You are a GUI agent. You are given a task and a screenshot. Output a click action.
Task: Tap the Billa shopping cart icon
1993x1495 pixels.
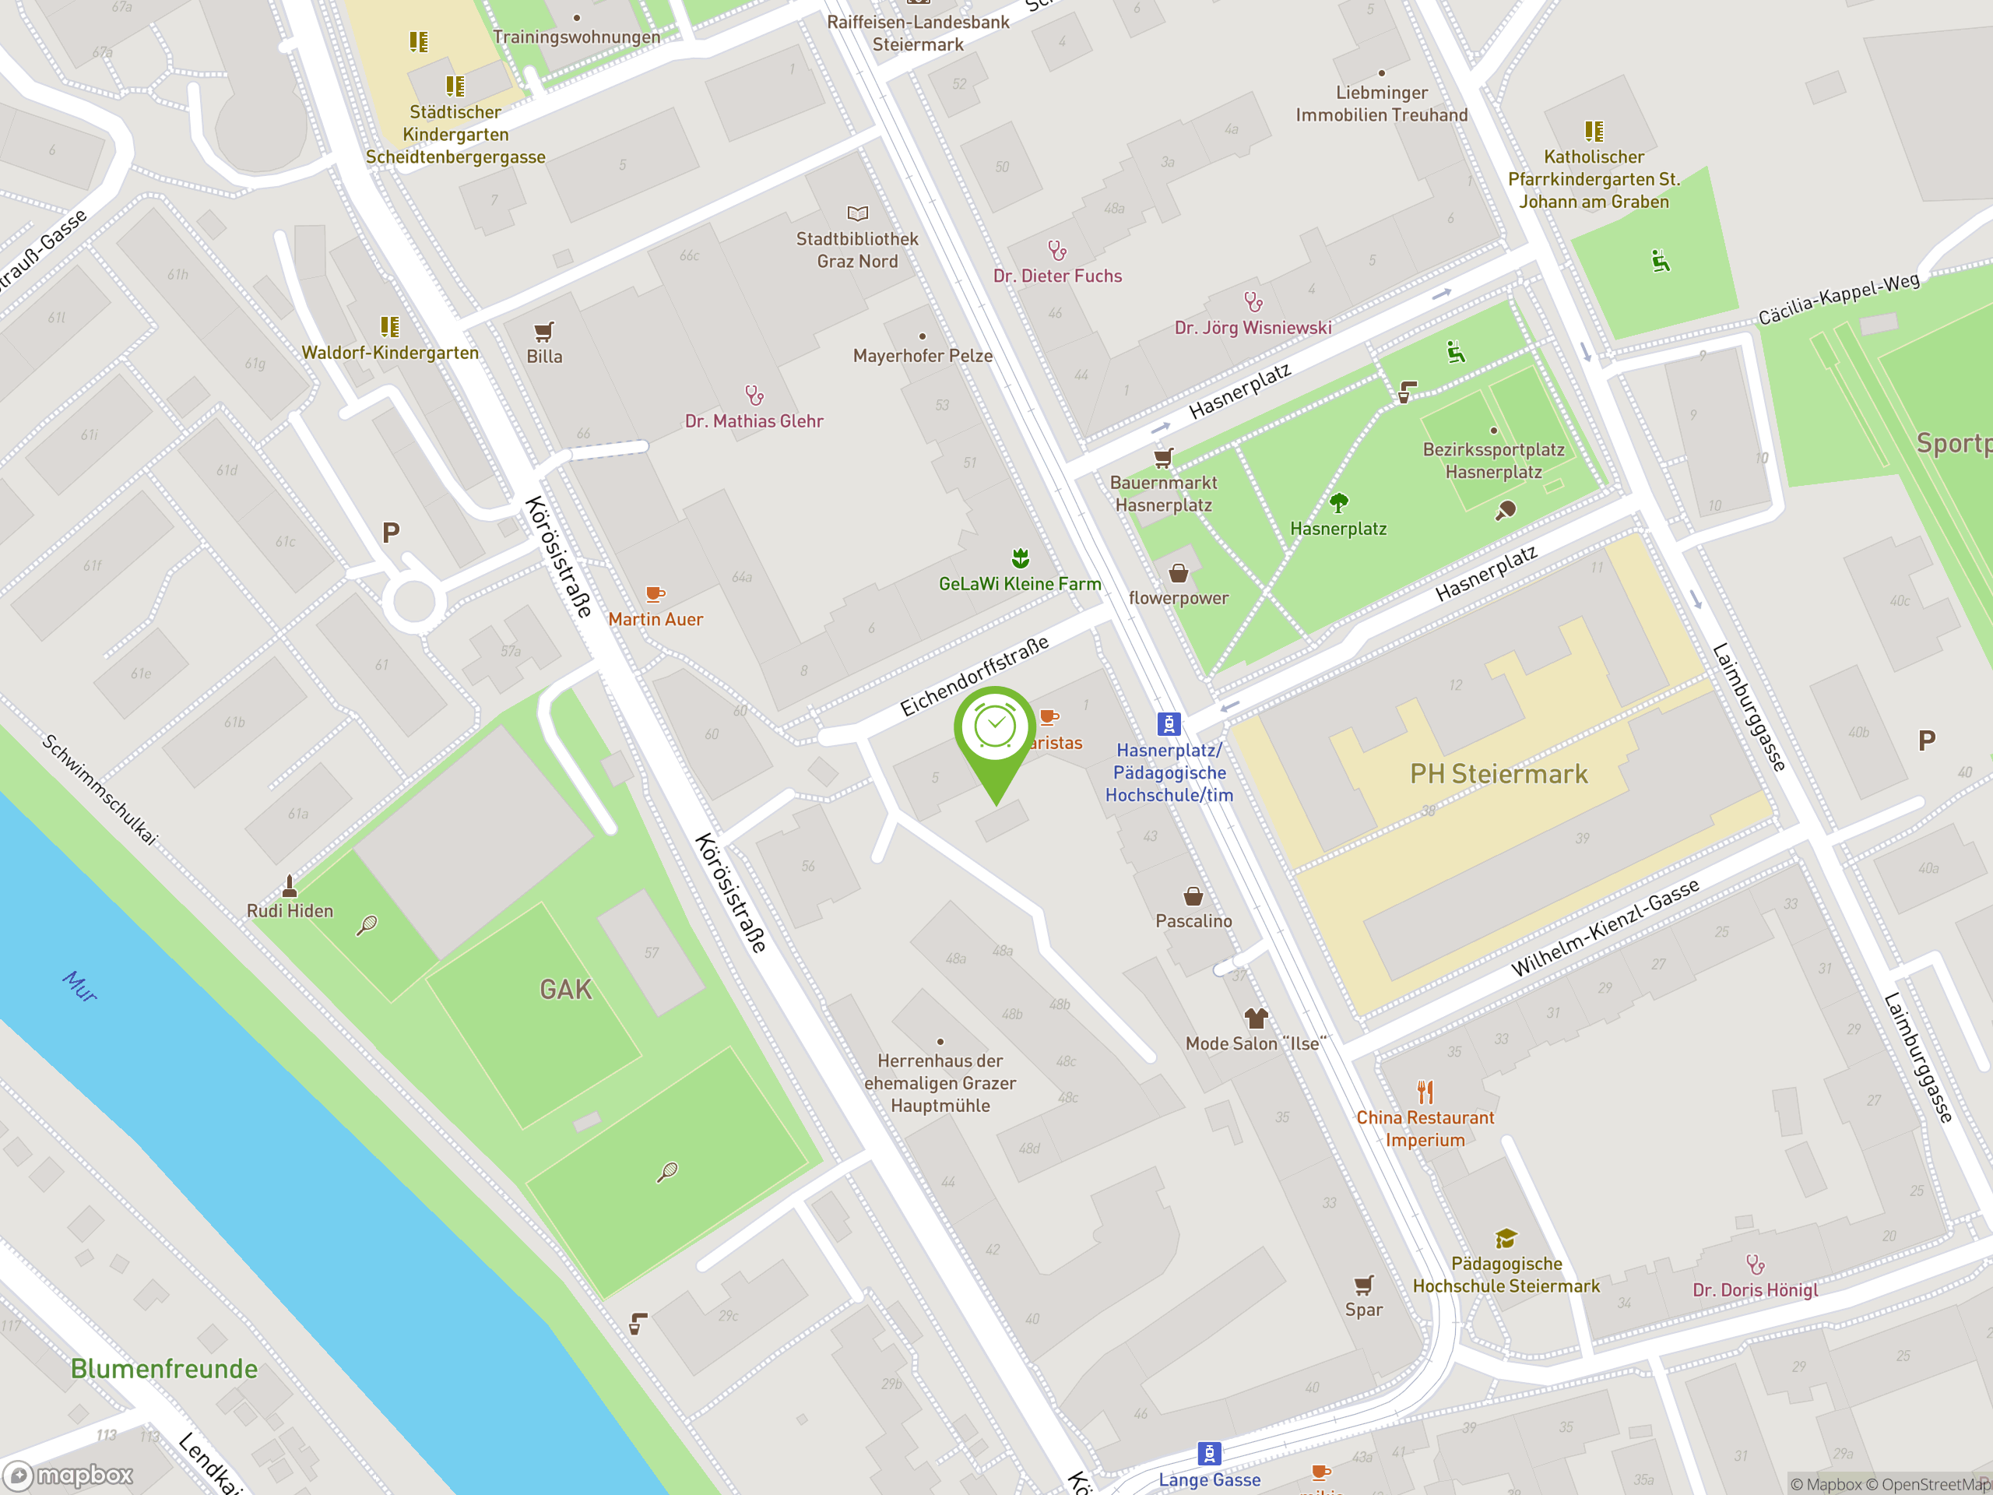click(x=543, y=332)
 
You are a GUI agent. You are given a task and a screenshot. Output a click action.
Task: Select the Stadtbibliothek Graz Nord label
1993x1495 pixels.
click(x=857, y=251)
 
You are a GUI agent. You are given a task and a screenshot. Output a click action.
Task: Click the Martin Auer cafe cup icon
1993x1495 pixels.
click(x=655, y=594)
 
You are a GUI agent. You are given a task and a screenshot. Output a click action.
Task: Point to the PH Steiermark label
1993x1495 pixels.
click(x=1499, y=774)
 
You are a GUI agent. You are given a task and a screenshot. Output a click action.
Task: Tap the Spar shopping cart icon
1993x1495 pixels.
click(x=1364, y=1285)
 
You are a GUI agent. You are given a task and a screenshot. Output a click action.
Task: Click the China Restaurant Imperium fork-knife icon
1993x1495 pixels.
click(x=1425, y=1092)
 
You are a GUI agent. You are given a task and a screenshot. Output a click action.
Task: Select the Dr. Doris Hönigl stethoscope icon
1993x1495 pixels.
click(x=1755, y=1265)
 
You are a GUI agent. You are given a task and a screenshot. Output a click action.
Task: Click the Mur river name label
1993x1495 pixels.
click(x=80, y=987)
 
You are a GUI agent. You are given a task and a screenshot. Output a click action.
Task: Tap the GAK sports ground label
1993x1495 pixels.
click(x=566, y=990)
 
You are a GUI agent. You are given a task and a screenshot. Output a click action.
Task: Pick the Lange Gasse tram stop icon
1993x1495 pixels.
click(x=1209, y=1453)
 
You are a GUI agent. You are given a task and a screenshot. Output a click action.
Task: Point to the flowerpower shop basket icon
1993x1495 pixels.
click(x=1179, y=573)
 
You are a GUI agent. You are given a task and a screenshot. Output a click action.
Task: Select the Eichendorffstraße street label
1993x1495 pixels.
click(x=975, y=676)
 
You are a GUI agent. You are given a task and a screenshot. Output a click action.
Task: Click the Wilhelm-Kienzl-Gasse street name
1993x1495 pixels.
click(x=1605, y=927)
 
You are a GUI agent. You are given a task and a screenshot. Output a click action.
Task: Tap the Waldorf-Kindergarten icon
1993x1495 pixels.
click(x=389, y=326)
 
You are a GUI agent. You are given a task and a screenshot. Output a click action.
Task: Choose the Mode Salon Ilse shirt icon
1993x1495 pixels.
click(x=1256, y=1018)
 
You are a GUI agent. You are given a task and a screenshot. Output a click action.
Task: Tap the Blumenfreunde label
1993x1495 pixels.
click(x=164, y=1369)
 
